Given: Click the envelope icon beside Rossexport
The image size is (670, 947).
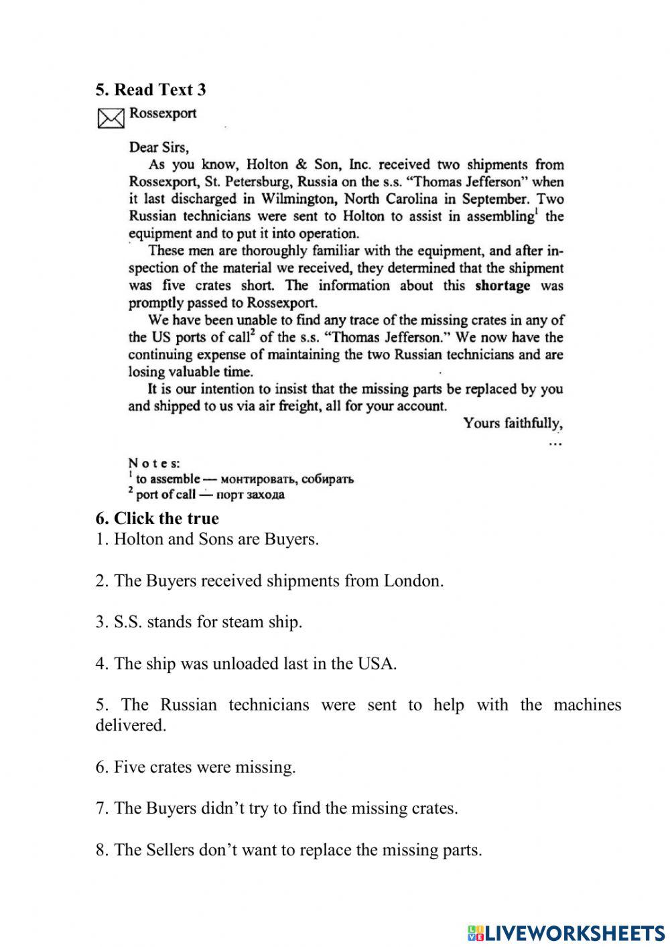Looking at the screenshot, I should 111,118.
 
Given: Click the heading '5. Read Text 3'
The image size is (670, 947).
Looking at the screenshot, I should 150,90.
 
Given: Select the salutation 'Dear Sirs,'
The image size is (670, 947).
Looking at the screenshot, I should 159,147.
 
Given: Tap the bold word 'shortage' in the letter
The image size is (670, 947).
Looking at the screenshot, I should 502,286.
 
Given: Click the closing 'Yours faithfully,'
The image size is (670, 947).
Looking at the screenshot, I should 513,424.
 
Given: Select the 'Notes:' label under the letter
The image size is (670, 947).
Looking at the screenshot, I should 153,463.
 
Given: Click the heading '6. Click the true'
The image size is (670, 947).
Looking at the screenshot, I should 157,518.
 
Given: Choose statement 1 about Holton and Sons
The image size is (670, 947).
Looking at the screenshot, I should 207,539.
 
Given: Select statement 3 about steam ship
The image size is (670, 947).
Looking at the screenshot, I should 198,622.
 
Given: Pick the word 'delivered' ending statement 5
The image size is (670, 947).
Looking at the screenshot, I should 129,725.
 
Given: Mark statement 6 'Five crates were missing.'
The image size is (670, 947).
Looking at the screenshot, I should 195,767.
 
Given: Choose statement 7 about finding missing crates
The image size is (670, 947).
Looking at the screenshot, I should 276,808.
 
